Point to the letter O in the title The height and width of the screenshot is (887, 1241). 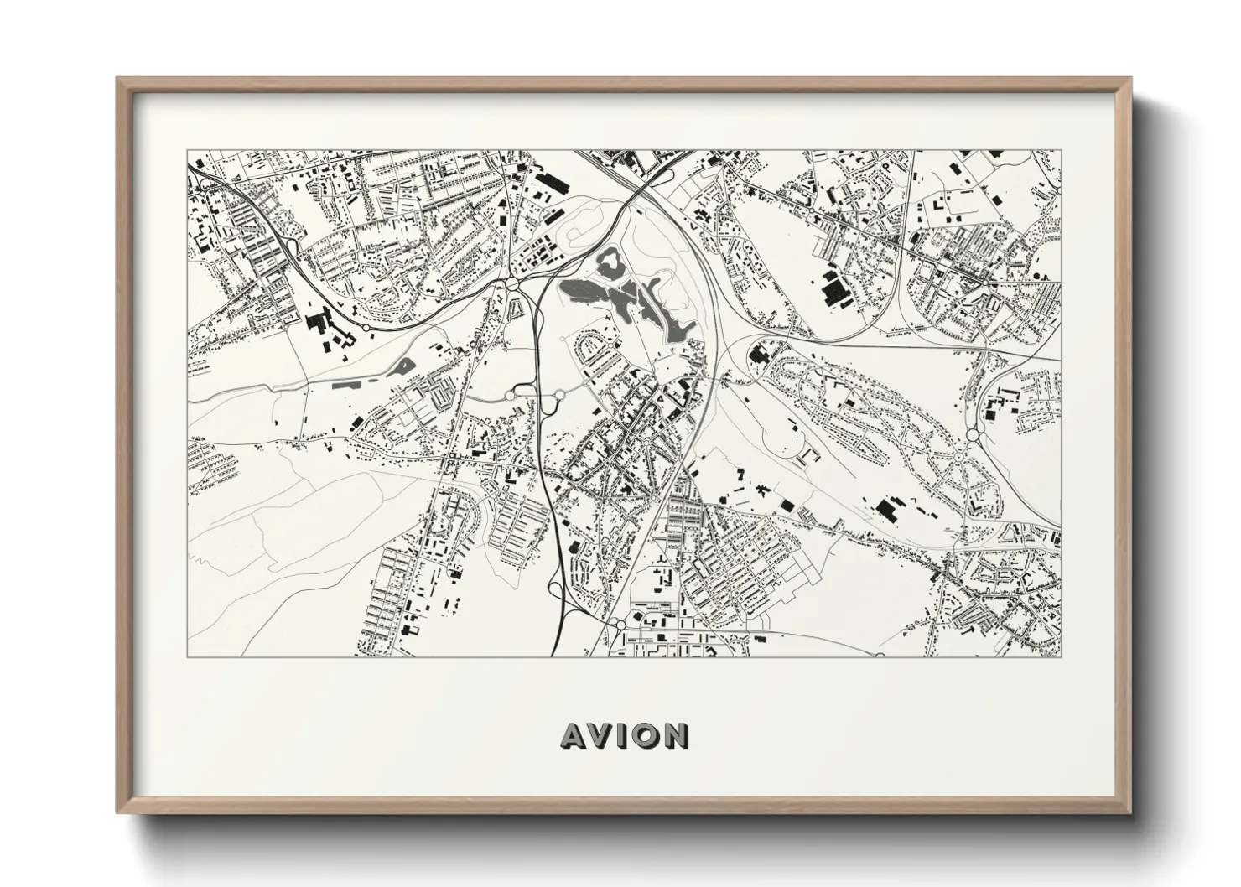(x=647, y=735)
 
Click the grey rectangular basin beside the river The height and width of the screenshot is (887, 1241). (x=346, y=385)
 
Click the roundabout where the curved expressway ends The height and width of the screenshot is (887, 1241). (x=559, y=394)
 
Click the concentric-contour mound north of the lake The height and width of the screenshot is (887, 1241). (x=579, y=226)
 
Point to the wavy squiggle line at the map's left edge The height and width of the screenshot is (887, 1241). (x=196, y=556)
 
